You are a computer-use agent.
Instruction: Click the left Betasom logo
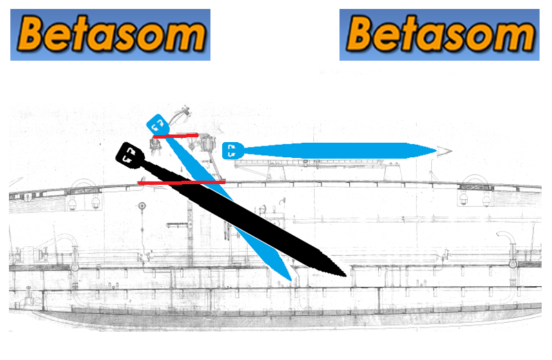[x=110, y=35]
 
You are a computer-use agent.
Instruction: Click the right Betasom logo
[x=440, y=35]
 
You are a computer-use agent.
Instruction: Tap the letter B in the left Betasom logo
[x=32, y=33]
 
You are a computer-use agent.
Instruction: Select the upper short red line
[x=176, y=136]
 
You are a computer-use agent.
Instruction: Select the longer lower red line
[x=181, y=183]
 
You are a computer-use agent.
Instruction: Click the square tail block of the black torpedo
[x=129, y=155]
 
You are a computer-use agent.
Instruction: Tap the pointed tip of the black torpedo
[x=346, y=276]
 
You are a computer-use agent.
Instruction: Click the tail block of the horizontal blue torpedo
[x=233, y=151]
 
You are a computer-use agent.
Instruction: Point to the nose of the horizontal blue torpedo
[x=437, y=151]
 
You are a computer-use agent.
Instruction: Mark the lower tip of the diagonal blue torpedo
[x=290, y=280]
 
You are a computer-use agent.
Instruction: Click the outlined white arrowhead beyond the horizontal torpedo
[x=444, y=151]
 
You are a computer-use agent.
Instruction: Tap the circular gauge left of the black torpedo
[x=142, y=206]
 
